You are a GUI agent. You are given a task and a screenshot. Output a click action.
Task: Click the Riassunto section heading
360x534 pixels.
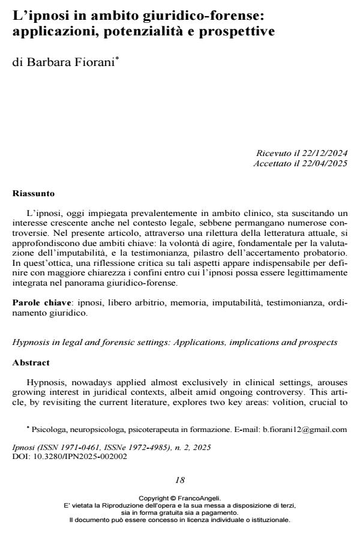point(34,194)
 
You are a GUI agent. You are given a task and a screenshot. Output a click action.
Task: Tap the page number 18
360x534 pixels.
point(180,480)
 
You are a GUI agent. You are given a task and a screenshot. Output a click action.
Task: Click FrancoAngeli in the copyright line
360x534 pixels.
point(200,498)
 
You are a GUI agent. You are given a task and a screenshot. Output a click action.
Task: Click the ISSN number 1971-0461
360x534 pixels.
point(75,448)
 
